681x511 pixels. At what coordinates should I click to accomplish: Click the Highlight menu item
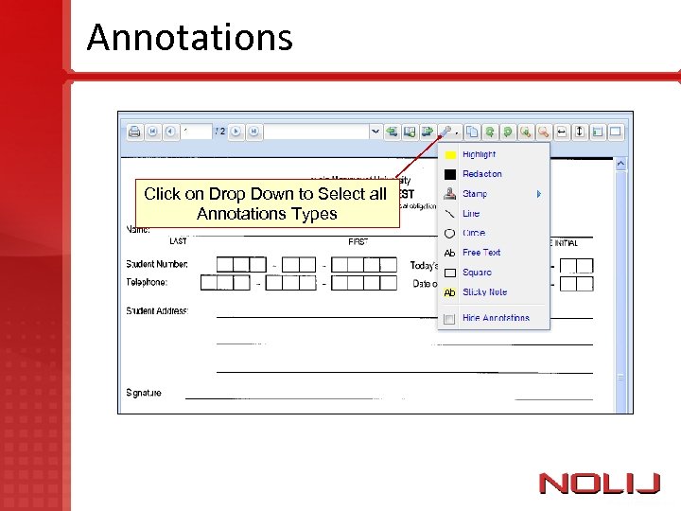(479, 154)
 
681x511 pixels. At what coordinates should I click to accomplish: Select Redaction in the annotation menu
(481, 174)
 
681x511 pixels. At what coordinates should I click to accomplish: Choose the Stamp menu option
(475, 194)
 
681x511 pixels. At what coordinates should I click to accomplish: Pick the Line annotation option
(471, 214)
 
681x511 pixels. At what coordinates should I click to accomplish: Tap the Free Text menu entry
(481, 253)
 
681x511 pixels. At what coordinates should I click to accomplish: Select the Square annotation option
(477, 273)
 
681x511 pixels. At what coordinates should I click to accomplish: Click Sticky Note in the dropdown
(484, 292)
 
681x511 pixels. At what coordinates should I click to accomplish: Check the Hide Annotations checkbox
(450, 319)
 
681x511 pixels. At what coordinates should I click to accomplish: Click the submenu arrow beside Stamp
(539, 194)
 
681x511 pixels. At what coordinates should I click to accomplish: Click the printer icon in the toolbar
(134, 132)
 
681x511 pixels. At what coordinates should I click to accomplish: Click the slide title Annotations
(190, 38)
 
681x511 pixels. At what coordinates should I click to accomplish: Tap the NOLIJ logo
(599, 484)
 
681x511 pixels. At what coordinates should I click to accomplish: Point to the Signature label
(144, 393)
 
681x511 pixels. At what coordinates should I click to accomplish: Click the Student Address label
(157, 311)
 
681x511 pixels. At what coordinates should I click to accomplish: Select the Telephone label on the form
(147, 282)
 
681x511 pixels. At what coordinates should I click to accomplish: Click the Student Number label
(157, 264)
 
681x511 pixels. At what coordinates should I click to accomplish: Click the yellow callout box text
(266, 203)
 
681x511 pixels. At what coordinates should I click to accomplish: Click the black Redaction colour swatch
(450, 174)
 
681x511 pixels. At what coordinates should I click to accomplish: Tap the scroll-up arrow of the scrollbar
(621, 164)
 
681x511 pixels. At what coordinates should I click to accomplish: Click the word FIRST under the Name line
(358, 242)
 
